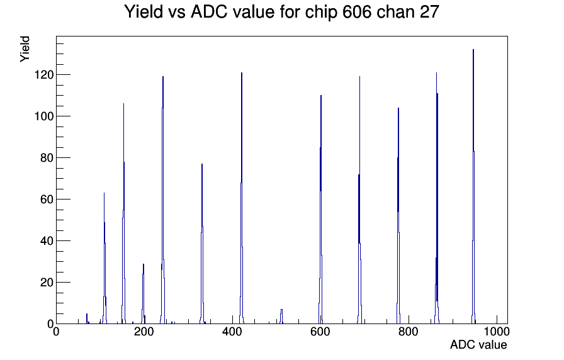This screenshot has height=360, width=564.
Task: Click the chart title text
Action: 281,12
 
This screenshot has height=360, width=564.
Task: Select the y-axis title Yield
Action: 25,49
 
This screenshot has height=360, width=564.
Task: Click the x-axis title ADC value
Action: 478,344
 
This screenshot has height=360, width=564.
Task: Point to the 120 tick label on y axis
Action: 44,75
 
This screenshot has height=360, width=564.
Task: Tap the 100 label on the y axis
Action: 44,116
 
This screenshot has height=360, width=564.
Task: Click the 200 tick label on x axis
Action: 144,331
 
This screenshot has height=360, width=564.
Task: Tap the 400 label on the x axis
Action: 232,331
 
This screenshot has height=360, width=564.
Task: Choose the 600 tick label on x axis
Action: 320,331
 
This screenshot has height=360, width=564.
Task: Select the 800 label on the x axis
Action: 409,331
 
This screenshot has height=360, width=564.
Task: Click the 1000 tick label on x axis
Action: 497,331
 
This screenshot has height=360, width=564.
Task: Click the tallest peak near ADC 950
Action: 473,187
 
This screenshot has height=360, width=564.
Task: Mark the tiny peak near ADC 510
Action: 281,317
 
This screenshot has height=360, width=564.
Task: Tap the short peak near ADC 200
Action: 143,293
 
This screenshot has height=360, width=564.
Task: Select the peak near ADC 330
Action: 202,245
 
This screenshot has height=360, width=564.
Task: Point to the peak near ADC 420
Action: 242,198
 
